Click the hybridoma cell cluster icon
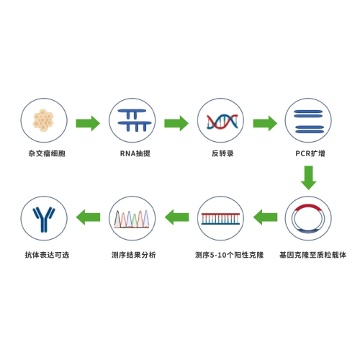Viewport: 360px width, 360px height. [x=43, y=120]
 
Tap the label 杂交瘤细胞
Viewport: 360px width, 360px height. [x=47, y=153]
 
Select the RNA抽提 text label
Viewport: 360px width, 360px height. [x=135, y=153]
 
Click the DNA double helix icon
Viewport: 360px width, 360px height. [x=222, y=122]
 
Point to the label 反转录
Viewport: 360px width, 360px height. [x=222, y=153]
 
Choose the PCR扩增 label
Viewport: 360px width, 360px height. [x=310, y=153]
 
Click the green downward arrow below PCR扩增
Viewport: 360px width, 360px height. [x=308, y=178]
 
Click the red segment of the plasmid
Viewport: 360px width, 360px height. [x=308, y=207]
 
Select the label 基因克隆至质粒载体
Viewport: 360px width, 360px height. [x=312, y=255]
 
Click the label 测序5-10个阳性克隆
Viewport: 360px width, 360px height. [x=229, y=255]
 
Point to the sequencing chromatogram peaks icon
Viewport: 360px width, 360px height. [x=132, y=219]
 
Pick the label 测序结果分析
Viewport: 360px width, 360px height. [x=133, y=255]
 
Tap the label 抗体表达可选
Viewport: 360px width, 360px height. [x=47, y=255]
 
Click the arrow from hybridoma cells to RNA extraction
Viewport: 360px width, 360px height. [x=88, y=123]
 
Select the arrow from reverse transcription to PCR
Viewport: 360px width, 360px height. [x=265, y=123]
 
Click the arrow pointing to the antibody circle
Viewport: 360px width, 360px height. [x=88, y=217]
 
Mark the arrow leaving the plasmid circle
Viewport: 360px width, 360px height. [x=265, y=217]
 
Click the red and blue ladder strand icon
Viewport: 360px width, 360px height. [x=220, y=219]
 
